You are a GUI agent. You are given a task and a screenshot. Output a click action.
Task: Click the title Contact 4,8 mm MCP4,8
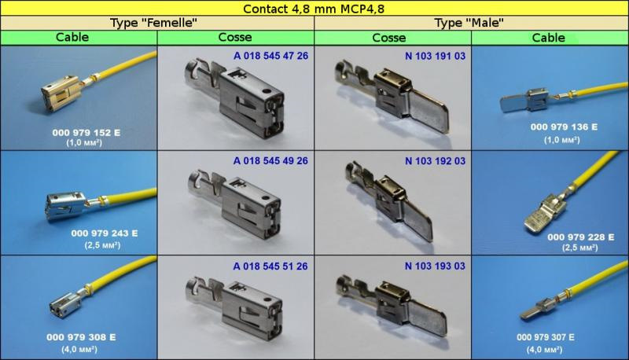point(314,9)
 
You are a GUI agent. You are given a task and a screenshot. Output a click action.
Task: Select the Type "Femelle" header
point(153,23)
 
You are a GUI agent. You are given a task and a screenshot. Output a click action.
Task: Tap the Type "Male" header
point(469,23)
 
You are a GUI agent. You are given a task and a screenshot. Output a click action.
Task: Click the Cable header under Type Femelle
point(72,37)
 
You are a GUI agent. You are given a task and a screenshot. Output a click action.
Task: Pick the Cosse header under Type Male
point(388,38)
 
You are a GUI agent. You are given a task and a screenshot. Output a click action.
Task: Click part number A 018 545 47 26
point(270,56)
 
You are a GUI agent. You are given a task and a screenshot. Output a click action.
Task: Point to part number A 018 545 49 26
point(270,161)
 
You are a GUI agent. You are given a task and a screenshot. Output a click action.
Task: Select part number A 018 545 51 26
point(270,266)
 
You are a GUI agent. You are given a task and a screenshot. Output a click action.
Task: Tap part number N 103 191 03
point(436,56)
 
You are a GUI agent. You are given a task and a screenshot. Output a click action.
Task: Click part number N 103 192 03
point(436,161)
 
